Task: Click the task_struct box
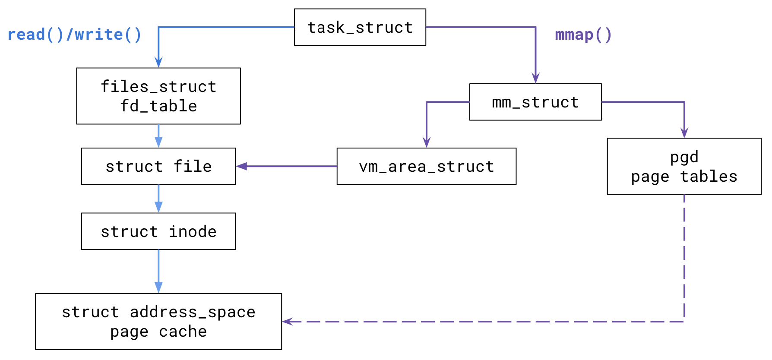tap(360, 27)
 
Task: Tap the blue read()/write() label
tap(74, 35)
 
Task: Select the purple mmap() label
tap(583, 35)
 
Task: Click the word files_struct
tap(158, 86)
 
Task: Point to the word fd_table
tap(158, 106)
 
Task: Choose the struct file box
tap(158, 166)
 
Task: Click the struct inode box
tap(158, 231)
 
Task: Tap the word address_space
tap(192, 312)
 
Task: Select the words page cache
tap(158, 332)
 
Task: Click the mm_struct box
tap(535, 102)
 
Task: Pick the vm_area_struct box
tap(426, 166)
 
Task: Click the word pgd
tap(684, 157)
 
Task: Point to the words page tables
tap(684, 177)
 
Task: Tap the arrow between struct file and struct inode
tap(158, 199)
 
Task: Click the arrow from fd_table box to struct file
tap(158, 136)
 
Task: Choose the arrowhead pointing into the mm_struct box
tap(535, 79)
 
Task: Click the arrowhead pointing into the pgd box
tap(684, 133)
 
